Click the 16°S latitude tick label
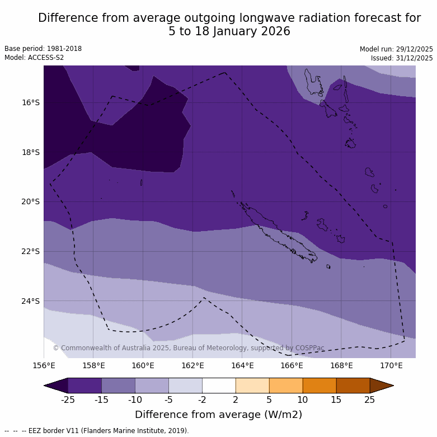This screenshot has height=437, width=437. coord(31,102)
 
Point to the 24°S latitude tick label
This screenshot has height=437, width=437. coord(31,301)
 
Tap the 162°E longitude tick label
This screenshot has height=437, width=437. coord(192,366)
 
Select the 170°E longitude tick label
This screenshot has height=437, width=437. coord(391,366)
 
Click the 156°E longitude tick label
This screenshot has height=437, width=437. coord(44,366)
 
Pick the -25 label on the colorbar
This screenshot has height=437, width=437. coord(68,400)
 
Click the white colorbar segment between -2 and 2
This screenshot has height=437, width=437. coord(219,386)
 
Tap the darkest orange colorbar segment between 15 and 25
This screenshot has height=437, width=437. coord(353,386)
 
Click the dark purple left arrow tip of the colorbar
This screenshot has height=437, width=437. coord(56,386)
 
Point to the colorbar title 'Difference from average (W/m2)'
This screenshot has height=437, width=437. coord(218,415)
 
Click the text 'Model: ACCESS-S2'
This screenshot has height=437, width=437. coord(34,58)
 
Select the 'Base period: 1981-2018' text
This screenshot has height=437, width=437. coord(43,49)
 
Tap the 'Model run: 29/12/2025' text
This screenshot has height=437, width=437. coord(396,49)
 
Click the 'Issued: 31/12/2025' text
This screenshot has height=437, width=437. coord(402,58)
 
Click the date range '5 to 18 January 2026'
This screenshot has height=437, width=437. coord(229,31)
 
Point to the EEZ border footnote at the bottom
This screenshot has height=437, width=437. coord(97,431)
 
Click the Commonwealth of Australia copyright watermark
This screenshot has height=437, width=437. coord(189,348)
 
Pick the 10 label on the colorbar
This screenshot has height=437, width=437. coord(303,400)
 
